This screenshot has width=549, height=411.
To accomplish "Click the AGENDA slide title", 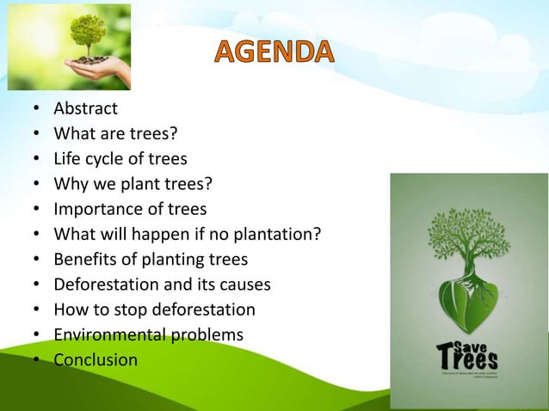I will coord(272,54).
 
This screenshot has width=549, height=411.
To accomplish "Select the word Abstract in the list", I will coord(85,109).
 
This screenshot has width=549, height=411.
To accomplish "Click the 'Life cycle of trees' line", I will coord(120,159).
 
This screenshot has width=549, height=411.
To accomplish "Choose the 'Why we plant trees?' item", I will coord(133,184).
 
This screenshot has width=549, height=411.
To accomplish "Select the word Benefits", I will coord(82,259).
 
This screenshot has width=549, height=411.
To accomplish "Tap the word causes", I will coord(248,284).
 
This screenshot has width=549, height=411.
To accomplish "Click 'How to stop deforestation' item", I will coord(154,309).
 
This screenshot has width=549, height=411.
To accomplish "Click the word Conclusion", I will coord(96,359).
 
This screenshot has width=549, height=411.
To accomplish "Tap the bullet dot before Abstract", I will coord(36,110).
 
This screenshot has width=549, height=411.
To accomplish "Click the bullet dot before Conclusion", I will coord(36,360).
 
